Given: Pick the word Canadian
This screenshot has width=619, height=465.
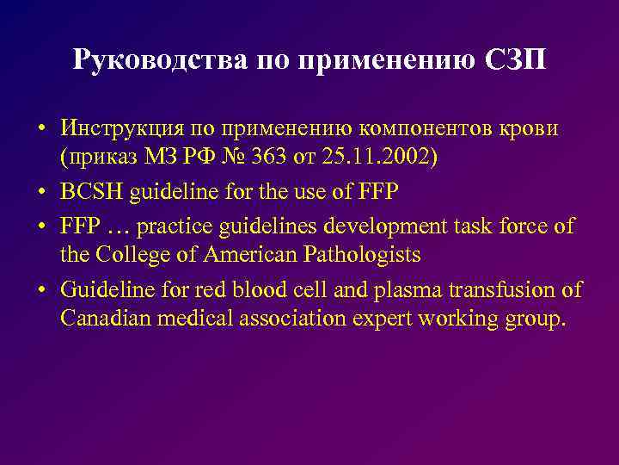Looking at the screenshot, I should pos(102,319).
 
